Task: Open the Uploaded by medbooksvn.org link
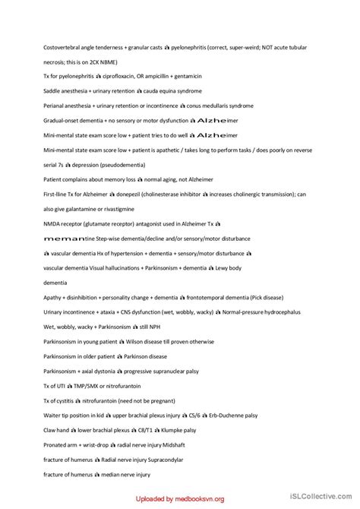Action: tap(181, 499)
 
